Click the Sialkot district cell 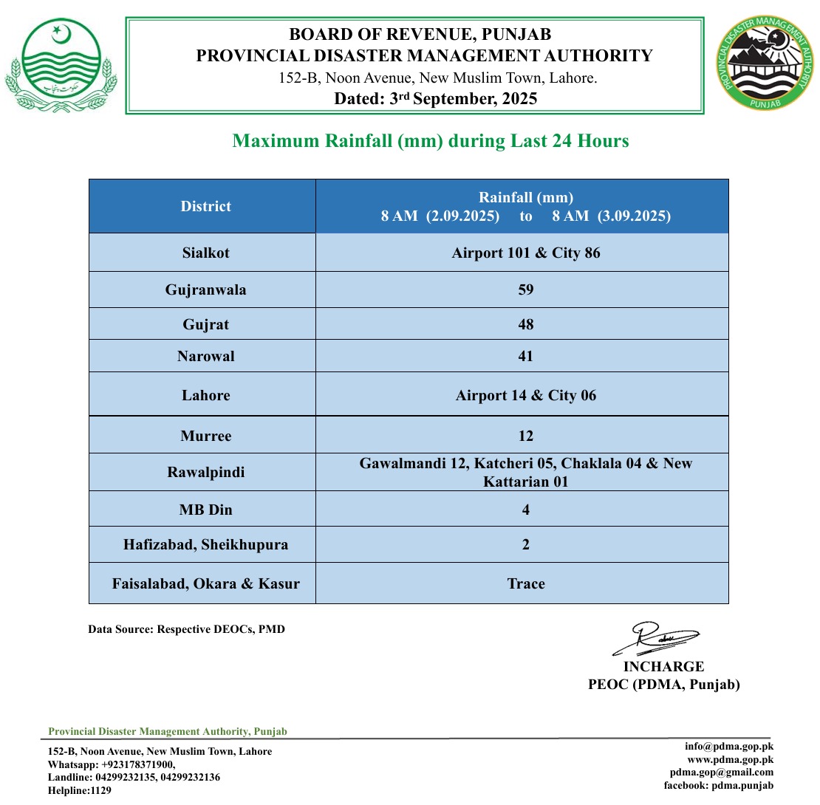206,253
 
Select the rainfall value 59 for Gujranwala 526,290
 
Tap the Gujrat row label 206,324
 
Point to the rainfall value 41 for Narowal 526,356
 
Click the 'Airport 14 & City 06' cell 526,395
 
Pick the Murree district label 206,436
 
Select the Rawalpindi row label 206,472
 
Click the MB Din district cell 206,510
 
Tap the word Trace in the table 526,583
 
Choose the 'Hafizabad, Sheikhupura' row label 206,545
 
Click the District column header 206,207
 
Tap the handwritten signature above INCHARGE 657,640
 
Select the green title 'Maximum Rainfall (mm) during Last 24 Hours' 431,140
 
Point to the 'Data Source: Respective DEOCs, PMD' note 186,629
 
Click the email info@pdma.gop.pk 728,746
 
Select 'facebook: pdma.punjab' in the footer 719,785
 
